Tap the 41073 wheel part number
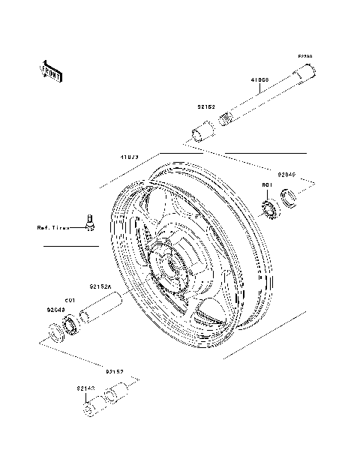[x=130, y=158]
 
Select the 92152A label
[x=100, y=286]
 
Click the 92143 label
[x=85, y=388]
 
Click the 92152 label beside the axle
[x=206, y=107]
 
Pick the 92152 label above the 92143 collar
[x=115, y=371]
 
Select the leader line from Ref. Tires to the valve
[x=76, y=227]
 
